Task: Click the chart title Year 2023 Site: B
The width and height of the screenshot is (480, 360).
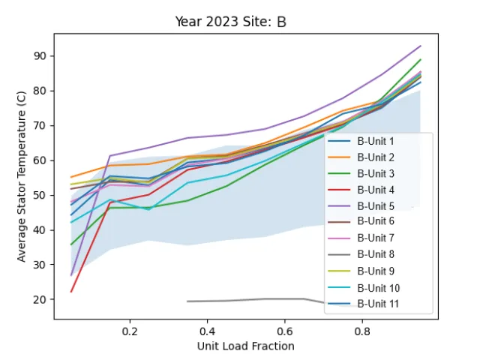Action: coord(230,22)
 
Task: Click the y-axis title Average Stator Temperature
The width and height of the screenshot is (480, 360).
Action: coord(21,177)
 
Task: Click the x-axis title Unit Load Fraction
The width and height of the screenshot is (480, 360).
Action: coord(245,346)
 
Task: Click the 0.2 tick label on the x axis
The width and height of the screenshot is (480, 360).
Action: coord(130,331)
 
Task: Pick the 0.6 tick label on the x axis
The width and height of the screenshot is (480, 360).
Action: coord(285,331)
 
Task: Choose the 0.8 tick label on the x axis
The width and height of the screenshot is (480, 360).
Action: coord(362,331)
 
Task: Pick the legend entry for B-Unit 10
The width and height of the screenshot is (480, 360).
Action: coord(364,288)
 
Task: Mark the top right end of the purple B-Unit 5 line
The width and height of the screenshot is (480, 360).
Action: coord(421,46)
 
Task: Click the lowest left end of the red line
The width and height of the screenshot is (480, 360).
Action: coord(71,292)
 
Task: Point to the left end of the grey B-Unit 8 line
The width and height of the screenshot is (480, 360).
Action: coord(187,301)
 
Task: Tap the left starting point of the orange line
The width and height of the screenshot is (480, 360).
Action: coord(71,177)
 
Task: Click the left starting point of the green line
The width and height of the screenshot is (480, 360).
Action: coord(71,244)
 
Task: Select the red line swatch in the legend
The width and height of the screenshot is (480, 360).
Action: coord(339,190)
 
